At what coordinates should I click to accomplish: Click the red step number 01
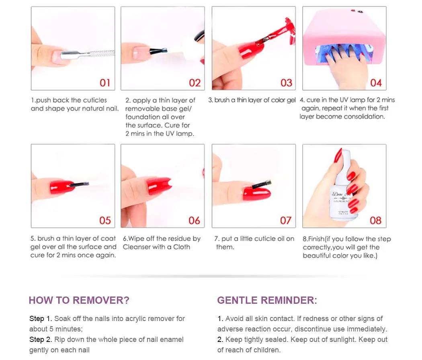coord(105,83)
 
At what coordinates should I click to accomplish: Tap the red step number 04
coord(376,83)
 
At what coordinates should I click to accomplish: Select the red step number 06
coord(194,221)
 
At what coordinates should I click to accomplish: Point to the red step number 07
coord(285,221)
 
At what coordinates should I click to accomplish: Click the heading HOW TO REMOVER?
coord(79,300)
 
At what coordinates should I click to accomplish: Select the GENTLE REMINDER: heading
coord(267,300)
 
